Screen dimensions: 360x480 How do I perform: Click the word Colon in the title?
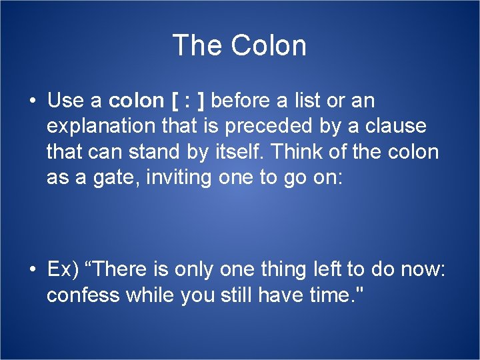[269, 46]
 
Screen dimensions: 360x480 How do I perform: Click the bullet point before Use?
[32, 101]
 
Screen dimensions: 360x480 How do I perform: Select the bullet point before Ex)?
[32, 269]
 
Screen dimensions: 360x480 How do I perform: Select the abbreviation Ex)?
[63, 270]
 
